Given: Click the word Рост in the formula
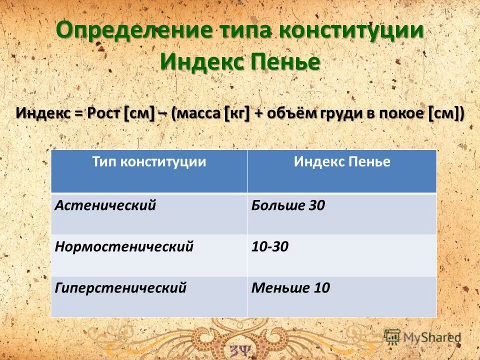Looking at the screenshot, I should point(104,113).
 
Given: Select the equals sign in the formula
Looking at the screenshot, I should point(78,114).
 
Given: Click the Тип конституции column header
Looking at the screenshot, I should point(149,162).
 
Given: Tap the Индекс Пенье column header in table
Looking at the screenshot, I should point(342,162).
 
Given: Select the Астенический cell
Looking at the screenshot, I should point(105,205).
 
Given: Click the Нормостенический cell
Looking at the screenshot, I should point(124,246).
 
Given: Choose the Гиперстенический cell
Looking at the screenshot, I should point(120,288).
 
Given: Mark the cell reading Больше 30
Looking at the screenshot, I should point(288,205).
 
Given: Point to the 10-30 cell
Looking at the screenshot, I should point(270,246).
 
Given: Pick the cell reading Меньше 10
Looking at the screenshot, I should point(290,288).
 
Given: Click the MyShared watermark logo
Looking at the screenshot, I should point(423,337).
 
